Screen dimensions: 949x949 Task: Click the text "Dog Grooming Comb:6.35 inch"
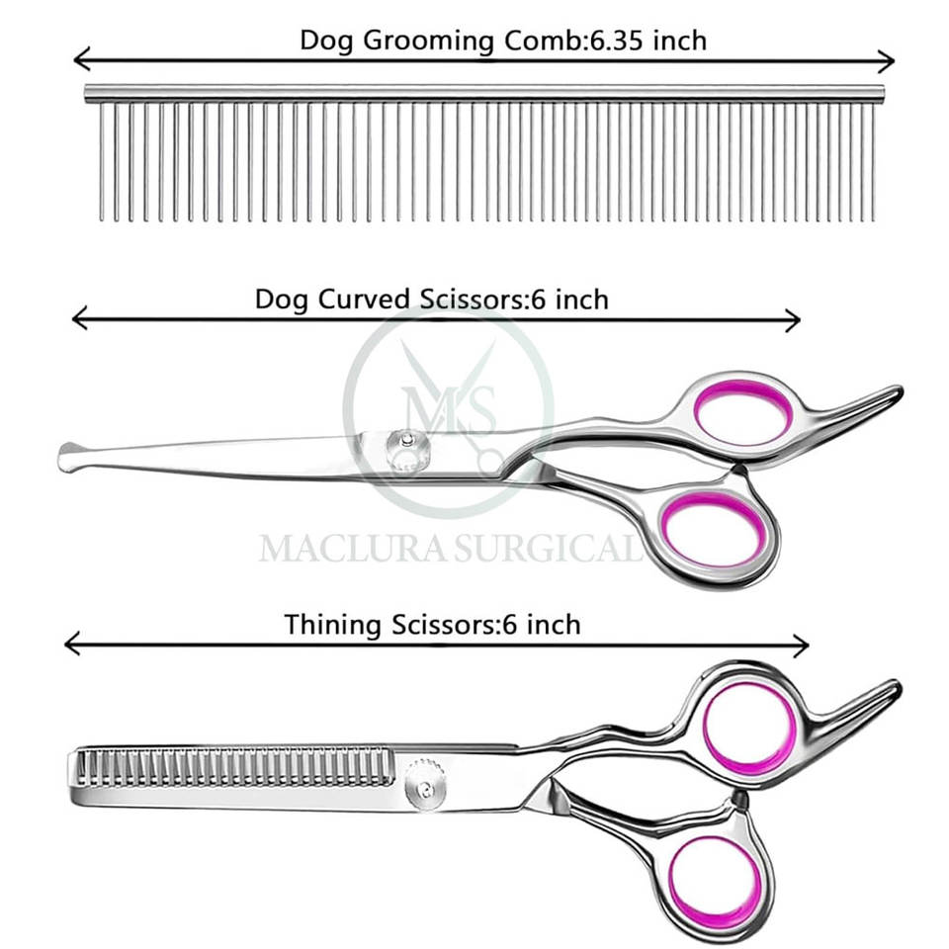click(x=503, y=41)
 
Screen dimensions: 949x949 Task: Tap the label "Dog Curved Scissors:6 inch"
click(x=432, y=299)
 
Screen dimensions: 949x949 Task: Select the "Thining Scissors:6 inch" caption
click(x=433, y=625)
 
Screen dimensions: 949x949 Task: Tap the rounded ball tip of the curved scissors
click(x=71, y=457)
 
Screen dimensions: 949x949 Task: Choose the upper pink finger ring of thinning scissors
click(x=749, y=729)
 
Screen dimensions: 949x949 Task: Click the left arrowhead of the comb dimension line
click(x=79, y=60)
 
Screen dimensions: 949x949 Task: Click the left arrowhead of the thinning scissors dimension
click(x=70, y=645)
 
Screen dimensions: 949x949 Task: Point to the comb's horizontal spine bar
click(x=484, y=94)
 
